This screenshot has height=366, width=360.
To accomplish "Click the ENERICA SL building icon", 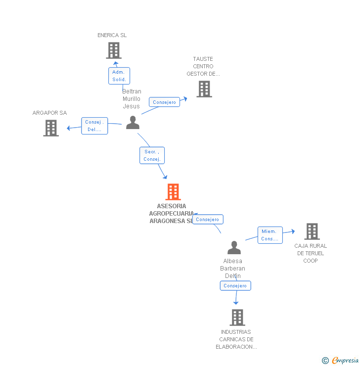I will click(x=114, y=50).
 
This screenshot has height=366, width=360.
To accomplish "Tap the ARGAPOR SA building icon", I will click(x=51, y=128).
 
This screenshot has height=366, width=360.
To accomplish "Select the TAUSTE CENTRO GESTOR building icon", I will click(x=204, y=89).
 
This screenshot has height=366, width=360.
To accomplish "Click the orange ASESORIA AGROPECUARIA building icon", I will click(x=173, y=192).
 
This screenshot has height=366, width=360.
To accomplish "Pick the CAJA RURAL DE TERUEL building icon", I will click(x=312, y=231).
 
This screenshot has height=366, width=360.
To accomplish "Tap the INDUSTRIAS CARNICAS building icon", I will click(x=237, y=318).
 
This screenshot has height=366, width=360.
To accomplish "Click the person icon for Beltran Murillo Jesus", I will click(x=133, y=122).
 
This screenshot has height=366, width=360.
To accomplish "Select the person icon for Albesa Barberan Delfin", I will click(x=234, y=247).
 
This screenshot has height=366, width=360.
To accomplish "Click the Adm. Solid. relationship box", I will click(x=119, y=76).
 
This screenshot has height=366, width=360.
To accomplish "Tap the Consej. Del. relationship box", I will click(x=94, y=126).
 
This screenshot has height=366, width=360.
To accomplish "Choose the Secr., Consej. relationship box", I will click(x=151, y=155).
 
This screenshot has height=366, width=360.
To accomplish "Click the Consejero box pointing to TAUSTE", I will click(x=164, y=102).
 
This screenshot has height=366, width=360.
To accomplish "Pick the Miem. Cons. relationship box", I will click(x=270, y=235).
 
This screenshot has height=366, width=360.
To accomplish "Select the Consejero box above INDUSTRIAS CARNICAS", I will click(x=235, y=286).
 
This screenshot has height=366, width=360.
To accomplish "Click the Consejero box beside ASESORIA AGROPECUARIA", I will click(x=208, y=219).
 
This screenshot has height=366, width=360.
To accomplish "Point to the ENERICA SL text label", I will click(x=112, y=35).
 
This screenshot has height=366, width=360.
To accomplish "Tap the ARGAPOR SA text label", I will click(x=49, y=113).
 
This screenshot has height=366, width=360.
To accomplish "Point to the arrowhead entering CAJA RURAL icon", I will click(x=293, y=231).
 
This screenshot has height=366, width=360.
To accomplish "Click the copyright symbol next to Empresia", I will click(x=325, y=361).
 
